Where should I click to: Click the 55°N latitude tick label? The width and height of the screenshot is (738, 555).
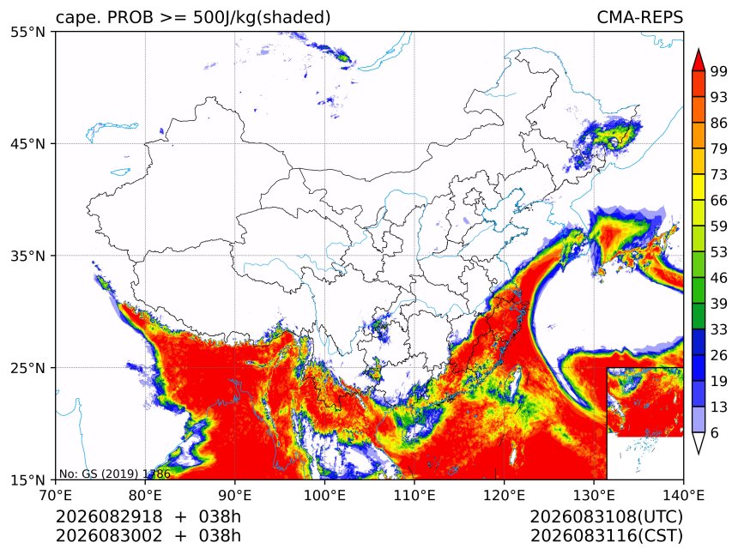click(x=27, y=33)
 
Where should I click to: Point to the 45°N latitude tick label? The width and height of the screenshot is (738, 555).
click(x=27, y=144)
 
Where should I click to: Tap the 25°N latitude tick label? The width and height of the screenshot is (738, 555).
click(x=27, y=368)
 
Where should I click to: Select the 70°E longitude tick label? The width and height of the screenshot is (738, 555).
click(x=56, y=495)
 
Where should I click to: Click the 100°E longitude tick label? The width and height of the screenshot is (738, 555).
click(x=324, y=495)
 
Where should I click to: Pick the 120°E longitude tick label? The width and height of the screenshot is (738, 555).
click(x=504, y=495)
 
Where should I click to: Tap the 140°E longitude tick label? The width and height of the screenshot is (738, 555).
click(x=683, y=495)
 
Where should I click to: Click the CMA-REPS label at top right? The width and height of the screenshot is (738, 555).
click(x=639, y=17)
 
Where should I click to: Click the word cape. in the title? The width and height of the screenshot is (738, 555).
click(x=76, y=18)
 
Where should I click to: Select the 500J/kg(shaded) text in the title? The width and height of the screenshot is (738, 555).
click(x=262, y=18)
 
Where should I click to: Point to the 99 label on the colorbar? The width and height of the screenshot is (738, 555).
click(x=719, y=71)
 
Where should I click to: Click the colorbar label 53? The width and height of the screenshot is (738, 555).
click(x=719, y=252)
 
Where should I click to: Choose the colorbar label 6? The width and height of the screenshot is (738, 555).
click(x=715, y=432)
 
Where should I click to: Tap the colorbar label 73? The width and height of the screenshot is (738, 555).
click(x=719, y=175)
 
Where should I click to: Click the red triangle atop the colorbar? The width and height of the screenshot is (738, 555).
click(x=699, y=61)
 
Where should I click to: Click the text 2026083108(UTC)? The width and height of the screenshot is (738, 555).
click(x=606, y=517)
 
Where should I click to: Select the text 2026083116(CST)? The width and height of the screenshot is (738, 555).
click(x=606, y=536)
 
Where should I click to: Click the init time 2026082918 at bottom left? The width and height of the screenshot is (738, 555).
click(x=109, y=517)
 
